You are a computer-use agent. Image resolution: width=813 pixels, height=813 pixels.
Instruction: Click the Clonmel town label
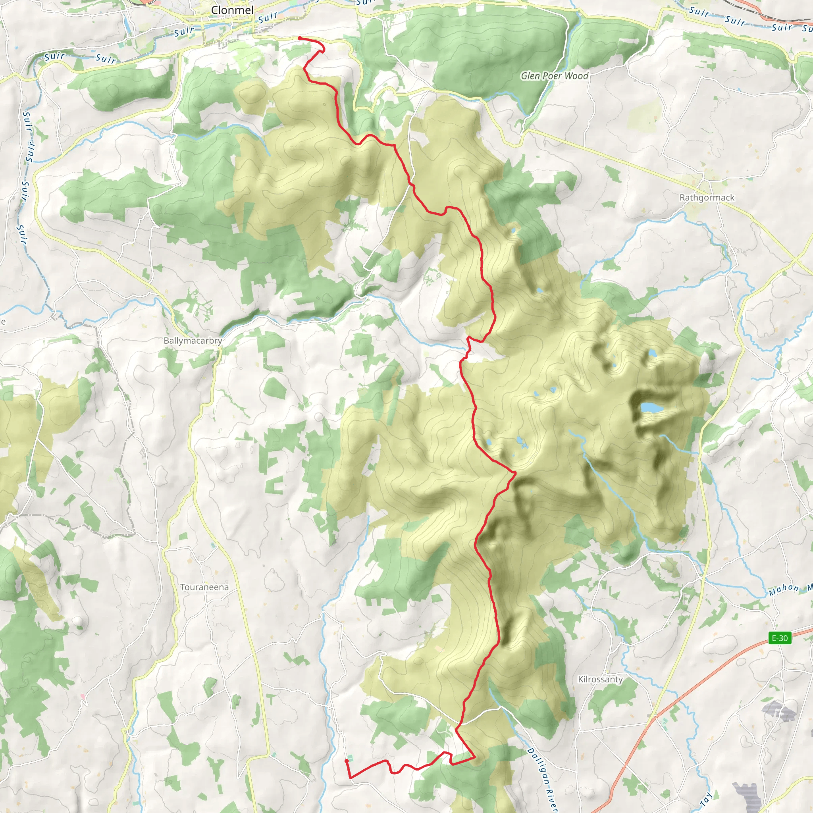point(232,10)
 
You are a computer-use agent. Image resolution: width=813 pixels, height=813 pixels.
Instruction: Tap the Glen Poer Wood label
point(554,76)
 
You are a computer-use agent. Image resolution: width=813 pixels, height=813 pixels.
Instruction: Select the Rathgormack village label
point(707,197)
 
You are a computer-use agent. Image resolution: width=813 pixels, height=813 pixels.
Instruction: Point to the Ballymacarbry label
point(193,341)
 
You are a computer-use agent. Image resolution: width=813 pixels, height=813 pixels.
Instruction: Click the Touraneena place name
point(204,587)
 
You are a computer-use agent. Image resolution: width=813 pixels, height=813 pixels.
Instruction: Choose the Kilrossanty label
point(600,679)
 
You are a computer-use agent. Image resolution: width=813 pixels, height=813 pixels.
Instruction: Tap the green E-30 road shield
point(780,638)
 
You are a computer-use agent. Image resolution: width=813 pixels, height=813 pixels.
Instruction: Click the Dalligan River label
point(543,778)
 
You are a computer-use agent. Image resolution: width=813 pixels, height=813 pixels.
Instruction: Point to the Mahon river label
point(784,590)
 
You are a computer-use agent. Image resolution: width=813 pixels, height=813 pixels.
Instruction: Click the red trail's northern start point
point(300,38)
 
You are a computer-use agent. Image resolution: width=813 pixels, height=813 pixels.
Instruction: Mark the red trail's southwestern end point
point(346,761)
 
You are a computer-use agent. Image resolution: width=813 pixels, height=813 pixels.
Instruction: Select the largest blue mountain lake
point(651,407)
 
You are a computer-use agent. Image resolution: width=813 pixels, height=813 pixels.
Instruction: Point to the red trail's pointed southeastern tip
point(475,757)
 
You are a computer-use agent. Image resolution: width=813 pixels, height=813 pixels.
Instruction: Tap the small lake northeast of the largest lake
point(652,352)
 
